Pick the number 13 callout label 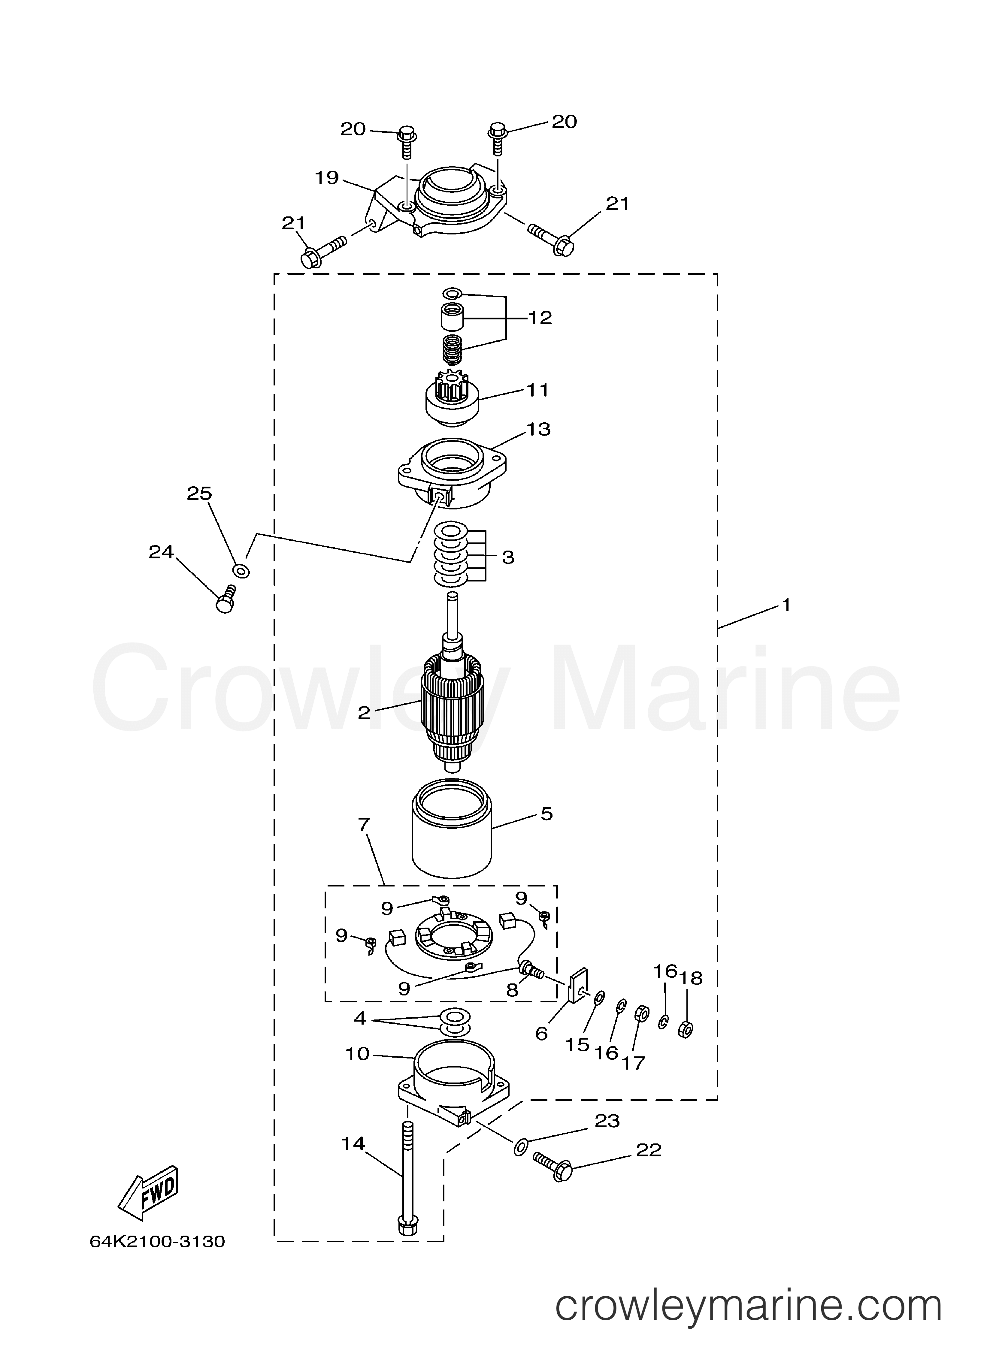click(x=538, y=429)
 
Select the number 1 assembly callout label click(x=786, y=605)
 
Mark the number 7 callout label click(x=365, y=823)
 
